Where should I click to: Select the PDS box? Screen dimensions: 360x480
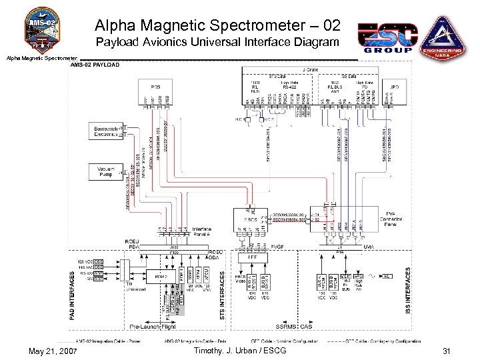coord(156,87)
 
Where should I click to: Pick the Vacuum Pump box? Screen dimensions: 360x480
coord(107,171)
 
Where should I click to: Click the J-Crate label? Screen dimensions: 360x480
coord(311,69)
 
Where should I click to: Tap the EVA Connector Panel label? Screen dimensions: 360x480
coord(390,221)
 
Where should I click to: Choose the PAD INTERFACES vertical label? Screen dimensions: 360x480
coord(73,293)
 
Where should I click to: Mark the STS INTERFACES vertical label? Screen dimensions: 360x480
coord(222,287)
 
